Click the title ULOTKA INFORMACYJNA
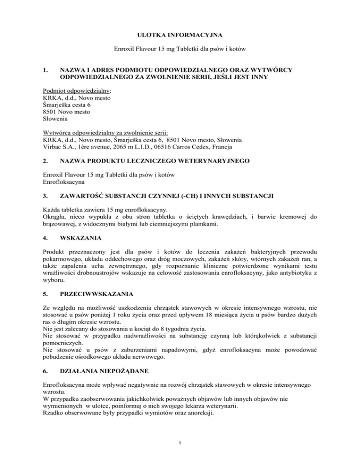[180, 34]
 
